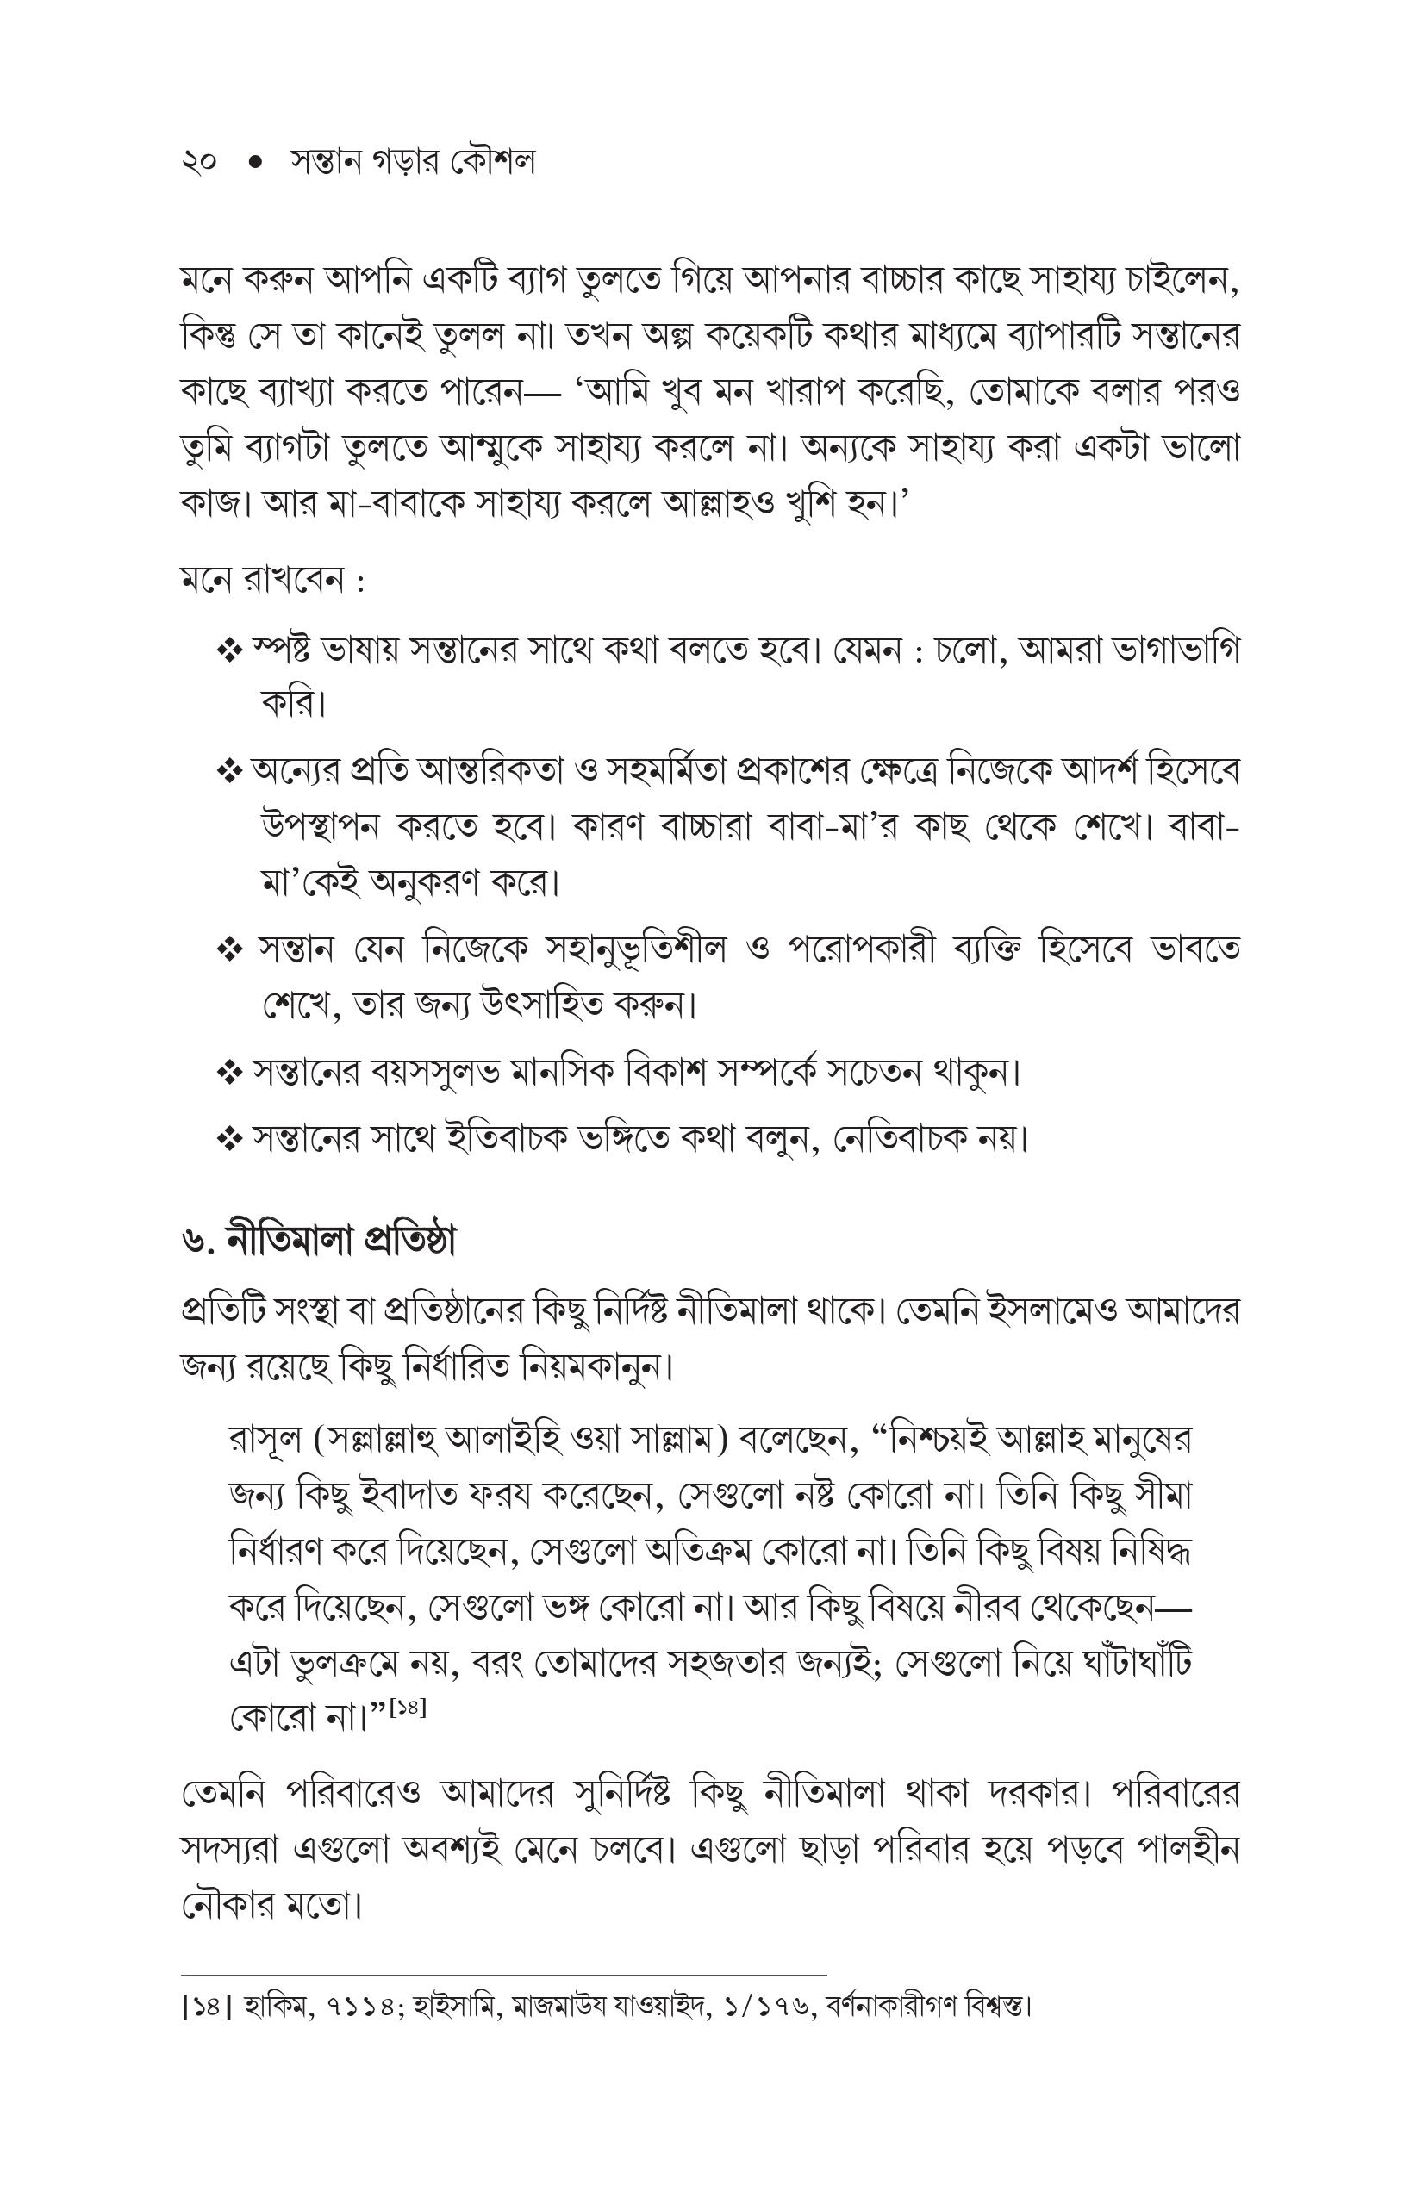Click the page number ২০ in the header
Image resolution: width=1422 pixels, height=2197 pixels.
[x=199, y=163]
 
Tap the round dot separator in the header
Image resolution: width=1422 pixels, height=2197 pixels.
[x=256, y=163]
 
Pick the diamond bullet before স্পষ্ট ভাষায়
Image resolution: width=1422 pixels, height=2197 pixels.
[x=228, y=650]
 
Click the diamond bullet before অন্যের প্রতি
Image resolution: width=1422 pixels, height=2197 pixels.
[x=228, y=771]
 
